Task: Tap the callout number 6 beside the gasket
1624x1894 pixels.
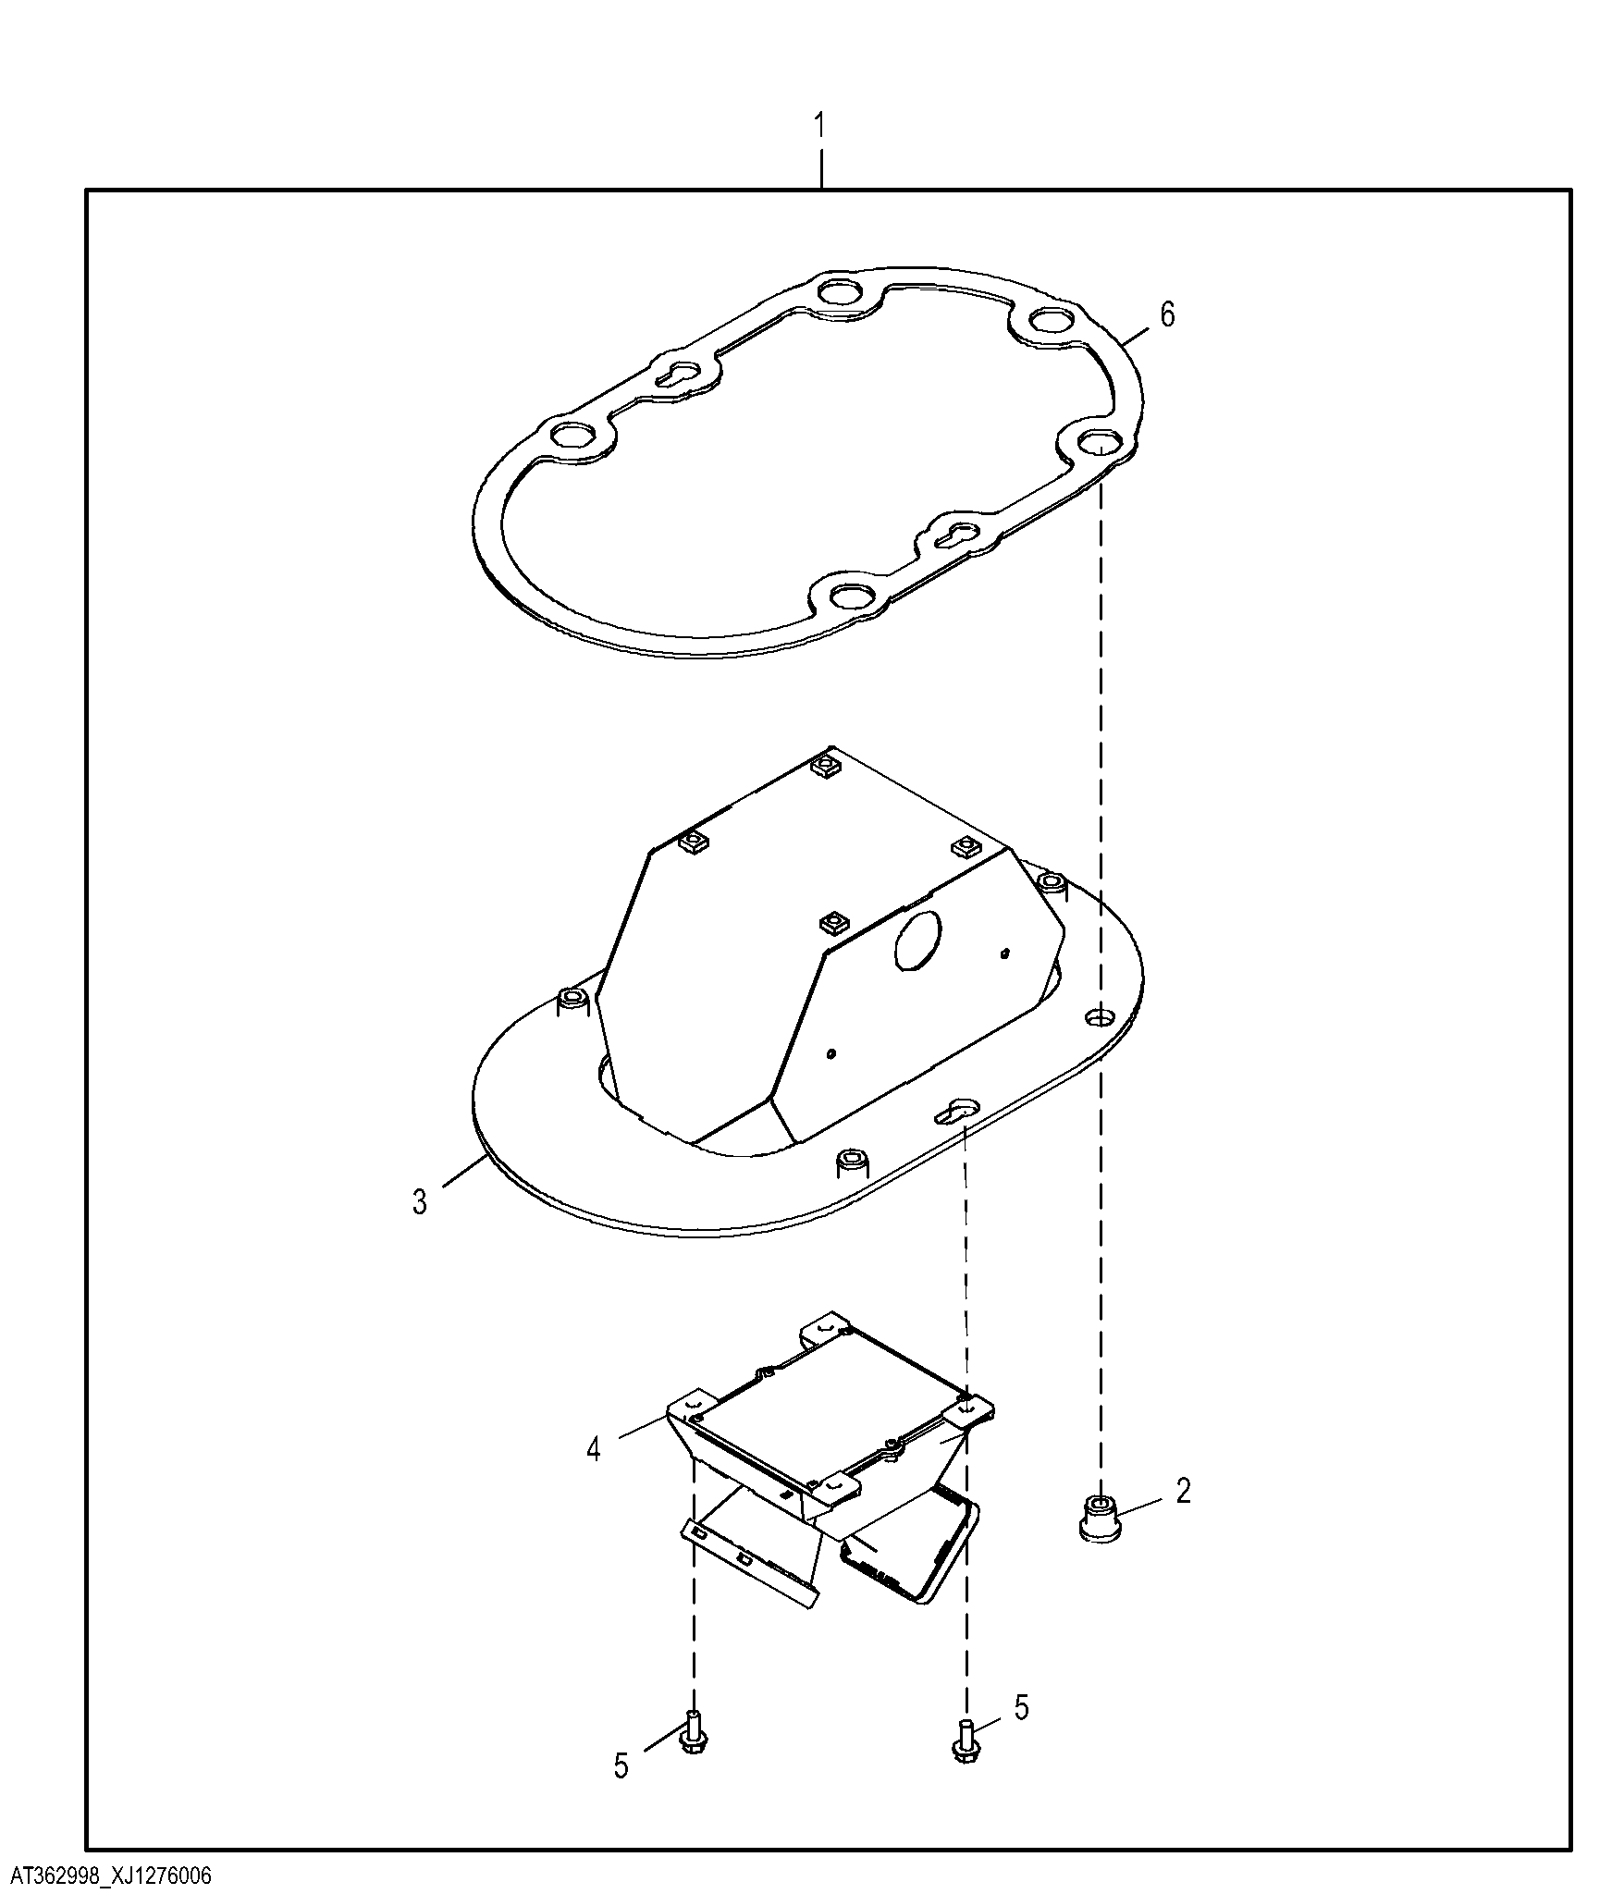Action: (1167, 314)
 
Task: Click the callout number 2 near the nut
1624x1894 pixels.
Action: (1184, 1517)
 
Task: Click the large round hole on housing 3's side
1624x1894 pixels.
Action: (917, 941)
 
